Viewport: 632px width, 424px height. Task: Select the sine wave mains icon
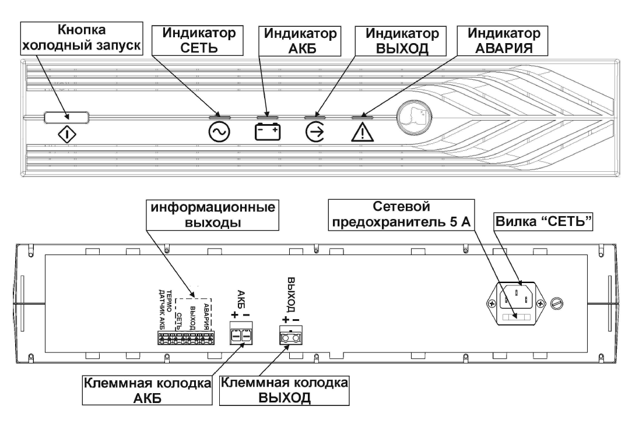219,133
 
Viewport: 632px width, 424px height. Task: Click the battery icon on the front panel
268,133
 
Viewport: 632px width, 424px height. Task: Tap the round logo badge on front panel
415,116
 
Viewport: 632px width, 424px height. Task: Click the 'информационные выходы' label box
213,216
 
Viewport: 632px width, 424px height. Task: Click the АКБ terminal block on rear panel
241,337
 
